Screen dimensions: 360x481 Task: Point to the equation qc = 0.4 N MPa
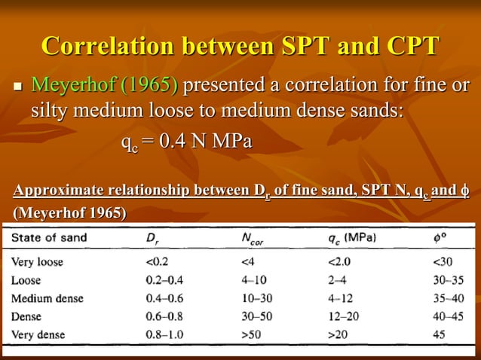(x=186, y=141)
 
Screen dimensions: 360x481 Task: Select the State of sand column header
(x=49, y=238)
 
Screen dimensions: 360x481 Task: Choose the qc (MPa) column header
(x=347, y=238)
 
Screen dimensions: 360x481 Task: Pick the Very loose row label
(x=38, y=263)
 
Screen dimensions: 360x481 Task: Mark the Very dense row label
(x=38, y=334)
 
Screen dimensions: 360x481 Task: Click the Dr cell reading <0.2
(x=161, y=263)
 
